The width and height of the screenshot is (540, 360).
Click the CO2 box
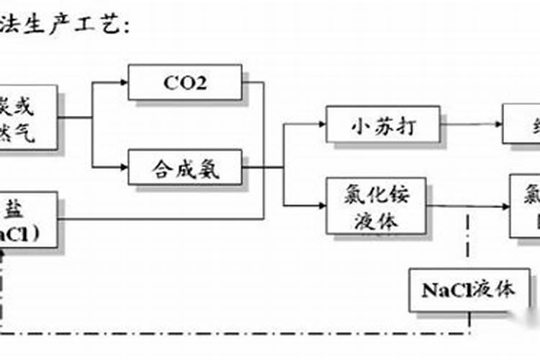pos(185,83)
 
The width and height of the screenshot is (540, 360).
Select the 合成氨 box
pos(185,168)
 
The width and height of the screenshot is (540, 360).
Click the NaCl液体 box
pos(469,291)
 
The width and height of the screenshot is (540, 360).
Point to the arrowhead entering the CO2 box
pos(124,83)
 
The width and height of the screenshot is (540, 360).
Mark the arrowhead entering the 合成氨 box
pos(124,168)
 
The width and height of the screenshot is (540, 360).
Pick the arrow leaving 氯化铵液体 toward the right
pos(468,207)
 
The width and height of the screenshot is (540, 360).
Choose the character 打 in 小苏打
pos(405,126)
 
